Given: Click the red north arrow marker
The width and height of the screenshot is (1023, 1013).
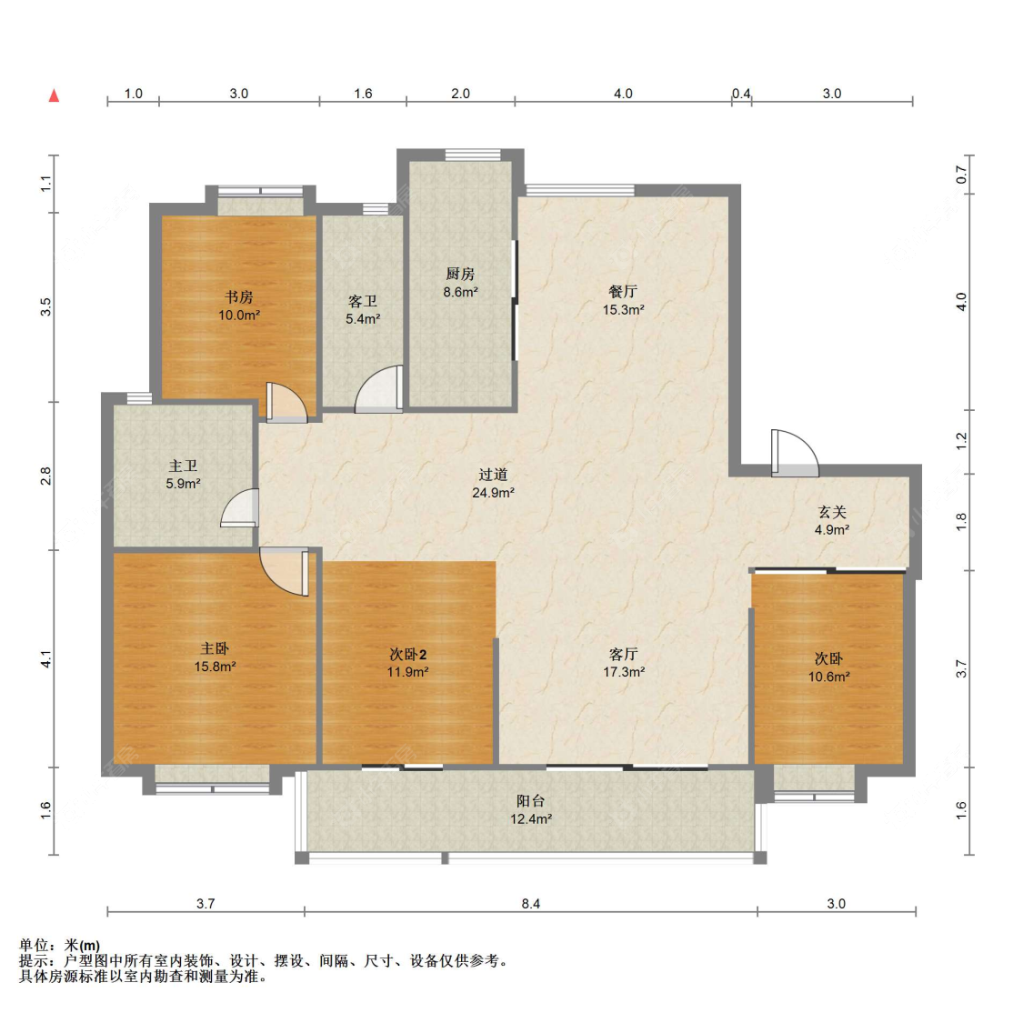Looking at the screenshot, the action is [x=55, y=95].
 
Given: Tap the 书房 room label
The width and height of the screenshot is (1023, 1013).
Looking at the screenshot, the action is [x=239, y=297].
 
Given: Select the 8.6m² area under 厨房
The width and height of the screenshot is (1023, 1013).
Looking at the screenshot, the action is [x=461, y=292].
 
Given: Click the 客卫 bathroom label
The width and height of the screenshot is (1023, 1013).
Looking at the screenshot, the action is [x=363, y=301].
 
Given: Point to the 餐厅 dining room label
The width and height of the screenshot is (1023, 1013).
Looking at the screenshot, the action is [x=623, y=292].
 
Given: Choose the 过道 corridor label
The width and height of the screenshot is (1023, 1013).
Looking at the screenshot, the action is [x=493, y=475].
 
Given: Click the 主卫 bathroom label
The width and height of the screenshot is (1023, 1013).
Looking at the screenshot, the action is [x=183, y=466].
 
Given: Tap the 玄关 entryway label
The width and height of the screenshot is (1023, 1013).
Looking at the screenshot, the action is [x=832, y=512].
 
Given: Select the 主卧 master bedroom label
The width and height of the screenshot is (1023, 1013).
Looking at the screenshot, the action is [x=215, y=648].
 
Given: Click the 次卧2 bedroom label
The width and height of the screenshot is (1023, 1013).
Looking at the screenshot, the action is [x=407, y=654].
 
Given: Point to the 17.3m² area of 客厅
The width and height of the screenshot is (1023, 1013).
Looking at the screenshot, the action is [x=624, y=672].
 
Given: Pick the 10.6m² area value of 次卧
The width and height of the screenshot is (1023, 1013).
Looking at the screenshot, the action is [x=828, y=677].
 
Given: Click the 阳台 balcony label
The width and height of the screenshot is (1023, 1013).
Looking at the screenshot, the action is [x=530, y=801].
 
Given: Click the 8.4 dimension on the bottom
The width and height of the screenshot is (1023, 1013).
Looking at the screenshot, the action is [x=531, y=903].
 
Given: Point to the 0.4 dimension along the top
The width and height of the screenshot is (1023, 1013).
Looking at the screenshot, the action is [x=741, y=94].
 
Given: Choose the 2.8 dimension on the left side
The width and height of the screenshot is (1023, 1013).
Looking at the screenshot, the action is [x=45, y=476].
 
